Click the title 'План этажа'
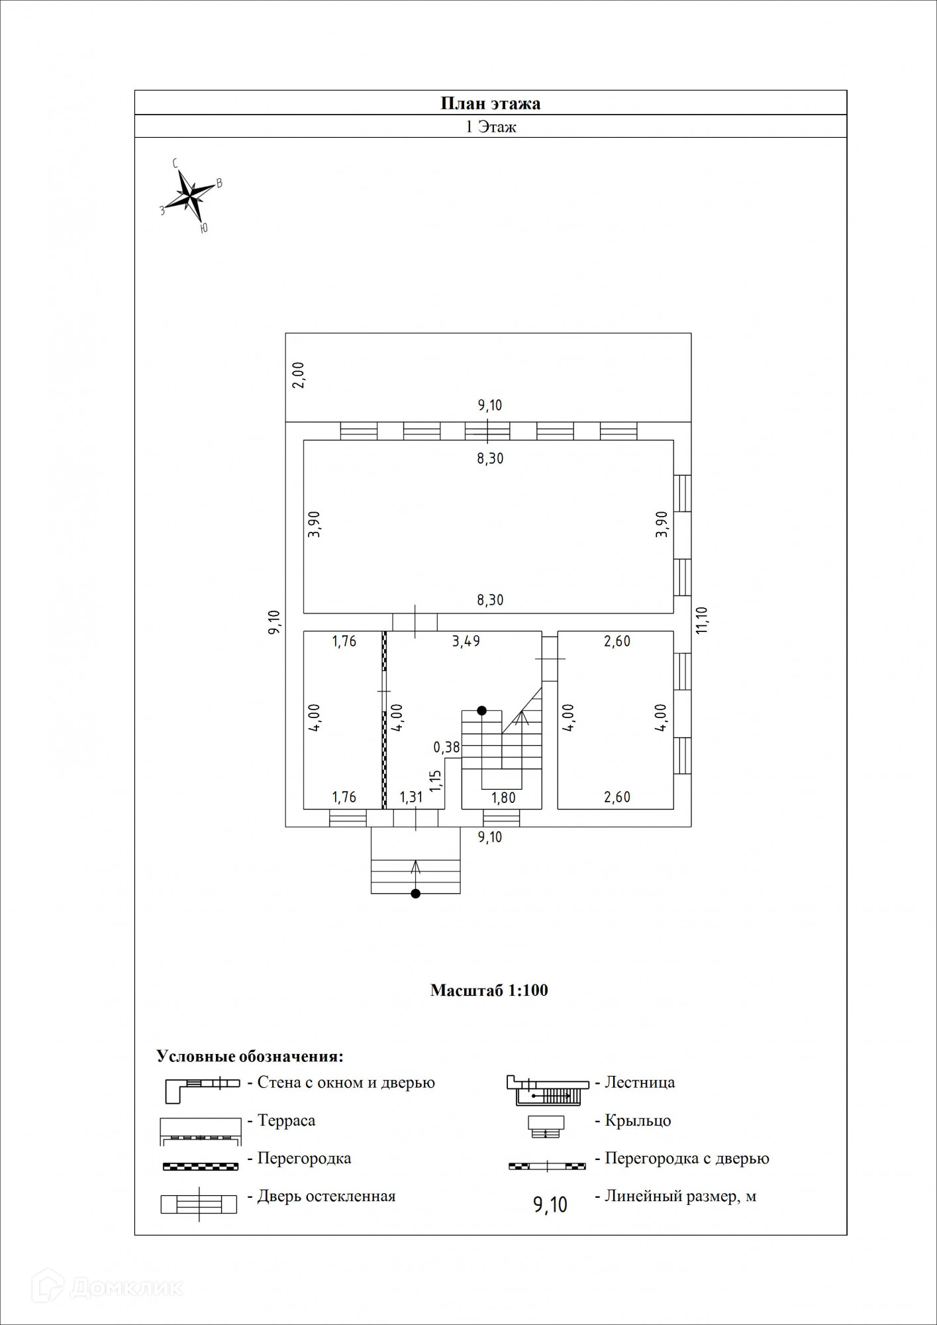pos(491,103)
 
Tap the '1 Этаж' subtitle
pos(491,127)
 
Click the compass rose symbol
pos(190,195)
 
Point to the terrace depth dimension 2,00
pos(298,374)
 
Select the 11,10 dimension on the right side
pos(702,620)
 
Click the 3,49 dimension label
pos(466,641)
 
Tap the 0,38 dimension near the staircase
pos(446,747)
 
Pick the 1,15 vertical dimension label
pos(435,780)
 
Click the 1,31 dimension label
pos(411,797)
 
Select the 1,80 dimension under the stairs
pos(503,797)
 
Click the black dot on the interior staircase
pos(482,710)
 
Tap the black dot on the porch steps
pos(415,894)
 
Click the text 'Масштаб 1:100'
pos(489,990)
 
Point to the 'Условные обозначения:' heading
pos(250,1056)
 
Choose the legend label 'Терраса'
pos(286,1120)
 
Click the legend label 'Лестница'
pos(640,1083)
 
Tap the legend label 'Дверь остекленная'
pos(326,1196)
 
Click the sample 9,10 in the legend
pos(550,1204)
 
